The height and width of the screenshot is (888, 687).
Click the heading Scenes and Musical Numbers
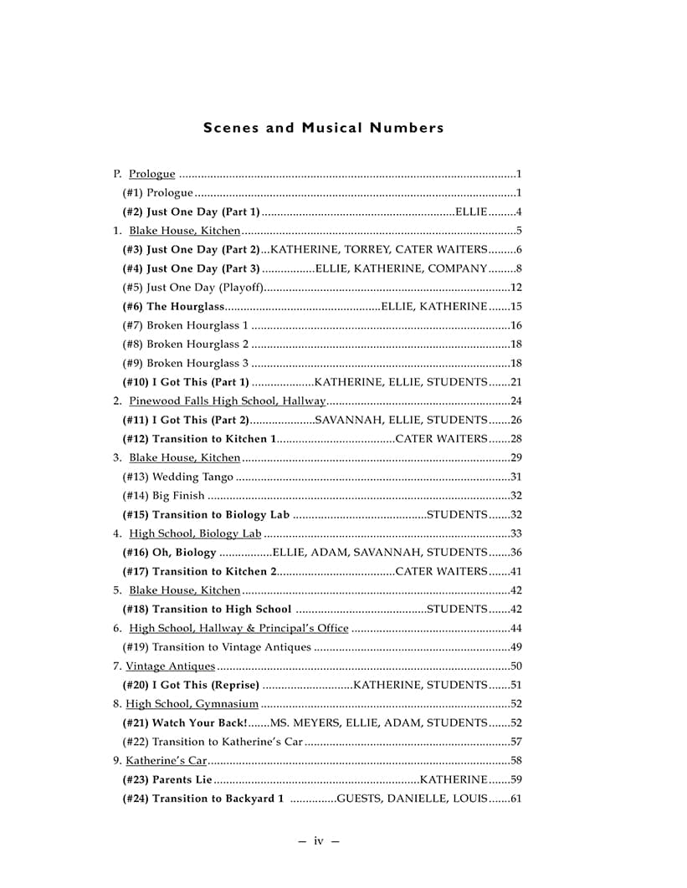click(323, 128)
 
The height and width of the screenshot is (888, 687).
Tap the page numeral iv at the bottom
click(318, 840)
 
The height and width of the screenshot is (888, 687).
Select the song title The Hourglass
click(179, 306)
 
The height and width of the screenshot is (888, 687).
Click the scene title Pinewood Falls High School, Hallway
click(227, 401)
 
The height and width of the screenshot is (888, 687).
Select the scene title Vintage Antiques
click(170, 666)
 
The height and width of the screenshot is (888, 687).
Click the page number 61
click(515, 799)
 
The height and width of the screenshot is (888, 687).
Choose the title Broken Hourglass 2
click(200, 344)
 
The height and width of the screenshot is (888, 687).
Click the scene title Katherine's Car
click(166, 760)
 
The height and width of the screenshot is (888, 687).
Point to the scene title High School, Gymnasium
click(192, 704)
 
